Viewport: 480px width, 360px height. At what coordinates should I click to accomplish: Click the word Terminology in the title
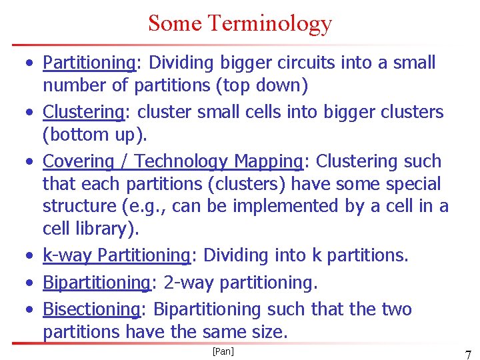(x=269, y=23)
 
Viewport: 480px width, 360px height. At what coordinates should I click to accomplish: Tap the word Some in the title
(x=175, y=23)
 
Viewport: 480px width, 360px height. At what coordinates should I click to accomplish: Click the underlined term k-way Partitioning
(x=117, y=255)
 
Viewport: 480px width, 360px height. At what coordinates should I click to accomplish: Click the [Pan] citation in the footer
(x=223, y=351)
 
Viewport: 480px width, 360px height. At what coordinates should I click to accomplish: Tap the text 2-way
(x=189, y=283)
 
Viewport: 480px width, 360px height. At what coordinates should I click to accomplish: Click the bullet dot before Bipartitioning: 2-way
(x=30, y=283)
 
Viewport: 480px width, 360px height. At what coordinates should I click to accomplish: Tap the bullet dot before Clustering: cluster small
(x=30, y=112)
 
